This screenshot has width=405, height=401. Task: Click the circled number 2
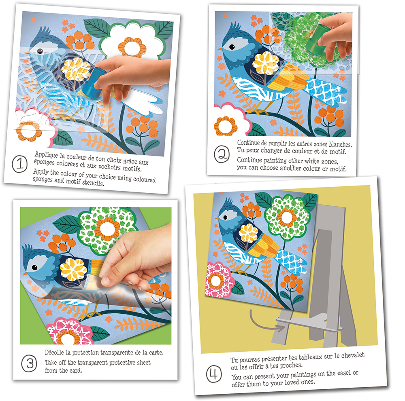222,154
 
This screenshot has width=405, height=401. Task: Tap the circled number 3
29,363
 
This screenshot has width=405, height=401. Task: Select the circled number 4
214,374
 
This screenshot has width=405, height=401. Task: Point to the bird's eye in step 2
232,47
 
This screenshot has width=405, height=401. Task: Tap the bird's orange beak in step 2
220,49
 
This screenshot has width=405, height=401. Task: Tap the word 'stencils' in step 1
93,183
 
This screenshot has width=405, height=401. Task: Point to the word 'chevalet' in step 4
353,356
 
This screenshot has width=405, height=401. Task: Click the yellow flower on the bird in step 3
73,270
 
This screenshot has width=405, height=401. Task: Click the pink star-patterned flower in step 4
217,280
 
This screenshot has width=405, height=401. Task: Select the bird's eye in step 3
34,268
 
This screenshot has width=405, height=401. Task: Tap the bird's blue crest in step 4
228,203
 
